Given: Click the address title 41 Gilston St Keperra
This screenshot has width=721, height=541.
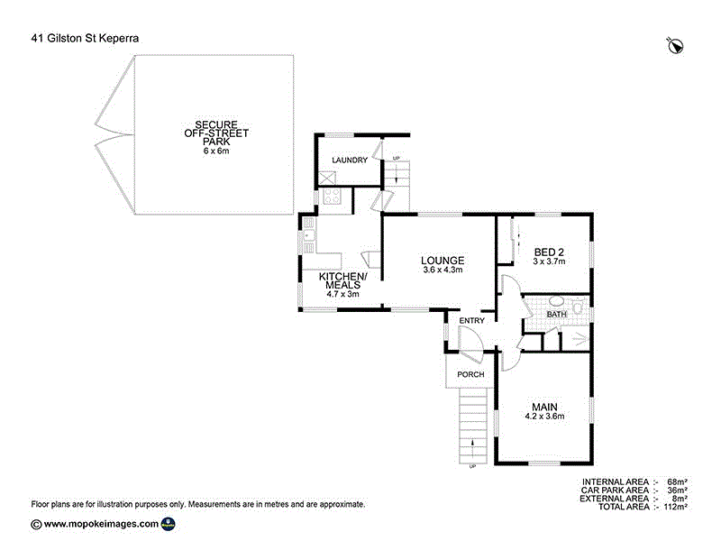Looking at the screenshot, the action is (85, 38).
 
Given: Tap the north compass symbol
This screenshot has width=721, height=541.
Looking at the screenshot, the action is (675, 45).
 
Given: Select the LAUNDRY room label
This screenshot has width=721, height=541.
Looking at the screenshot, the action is (350, 160).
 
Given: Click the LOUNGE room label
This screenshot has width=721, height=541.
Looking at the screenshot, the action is (443, 261).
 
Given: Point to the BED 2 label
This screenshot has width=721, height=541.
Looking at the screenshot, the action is (549, 252).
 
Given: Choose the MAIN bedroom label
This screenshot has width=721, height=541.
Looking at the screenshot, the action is (544, 407).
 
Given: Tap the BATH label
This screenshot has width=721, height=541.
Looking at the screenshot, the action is (556, 314).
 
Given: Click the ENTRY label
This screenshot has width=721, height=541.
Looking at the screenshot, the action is (471, 321).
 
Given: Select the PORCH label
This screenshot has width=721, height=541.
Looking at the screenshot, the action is (470, 374).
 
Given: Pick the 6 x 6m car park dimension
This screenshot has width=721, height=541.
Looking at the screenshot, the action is (216, 151).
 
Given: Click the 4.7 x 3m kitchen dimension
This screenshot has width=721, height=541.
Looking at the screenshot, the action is (342, 294).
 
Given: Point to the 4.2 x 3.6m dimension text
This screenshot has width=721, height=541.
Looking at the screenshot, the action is (544, 417).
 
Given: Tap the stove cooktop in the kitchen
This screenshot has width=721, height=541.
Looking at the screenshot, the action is (332, 196).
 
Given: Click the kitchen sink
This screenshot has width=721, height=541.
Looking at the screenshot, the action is (308, 236).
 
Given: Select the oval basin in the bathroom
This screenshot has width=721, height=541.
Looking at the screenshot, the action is (557, 302).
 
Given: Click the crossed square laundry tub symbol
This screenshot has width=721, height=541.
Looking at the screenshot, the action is (327, 179).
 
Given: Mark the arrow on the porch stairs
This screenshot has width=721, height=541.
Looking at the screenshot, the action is (472, 444).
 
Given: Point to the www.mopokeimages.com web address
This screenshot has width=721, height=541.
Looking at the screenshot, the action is (101, 524).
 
